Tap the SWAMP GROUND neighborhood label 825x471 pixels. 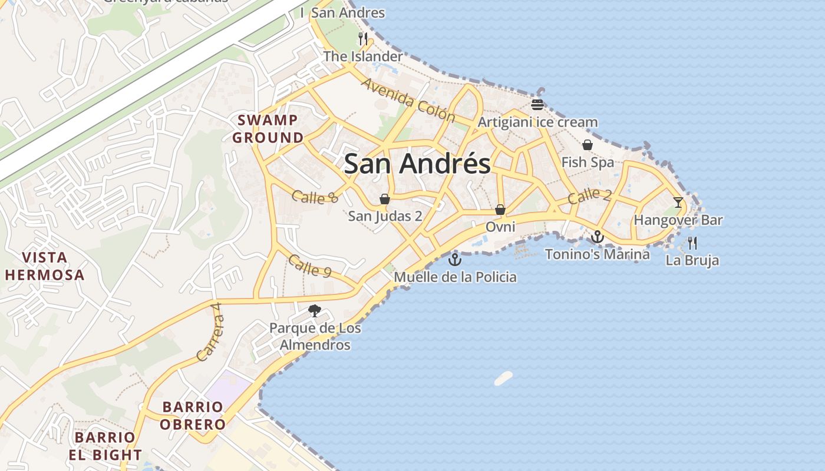point(268,129)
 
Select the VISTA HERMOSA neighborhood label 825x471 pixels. point(44,266)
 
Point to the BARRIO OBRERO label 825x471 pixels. point(193,416)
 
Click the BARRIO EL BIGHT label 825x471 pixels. point(105,446)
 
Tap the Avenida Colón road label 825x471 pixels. point(408,100)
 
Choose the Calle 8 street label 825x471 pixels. point(315,197)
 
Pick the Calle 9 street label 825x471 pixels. point(310,266)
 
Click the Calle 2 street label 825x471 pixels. point(589,196)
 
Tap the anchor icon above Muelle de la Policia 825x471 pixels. point(455,259)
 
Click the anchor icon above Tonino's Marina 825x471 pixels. point(598,237)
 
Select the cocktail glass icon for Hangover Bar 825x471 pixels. point(678,203)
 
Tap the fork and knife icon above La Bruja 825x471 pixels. point(692,243)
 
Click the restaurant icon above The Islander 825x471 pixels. point(363,39)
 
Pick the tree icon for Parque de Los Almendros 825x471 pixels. point(315,311)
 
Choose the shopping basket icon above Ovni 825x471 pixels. point(500,210)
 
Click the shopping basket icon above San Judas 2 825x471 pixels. point(385,199)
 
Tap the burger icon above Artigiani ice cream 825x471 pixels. point(537,105)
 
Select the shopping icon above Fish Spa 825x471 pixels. point(588,145)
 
